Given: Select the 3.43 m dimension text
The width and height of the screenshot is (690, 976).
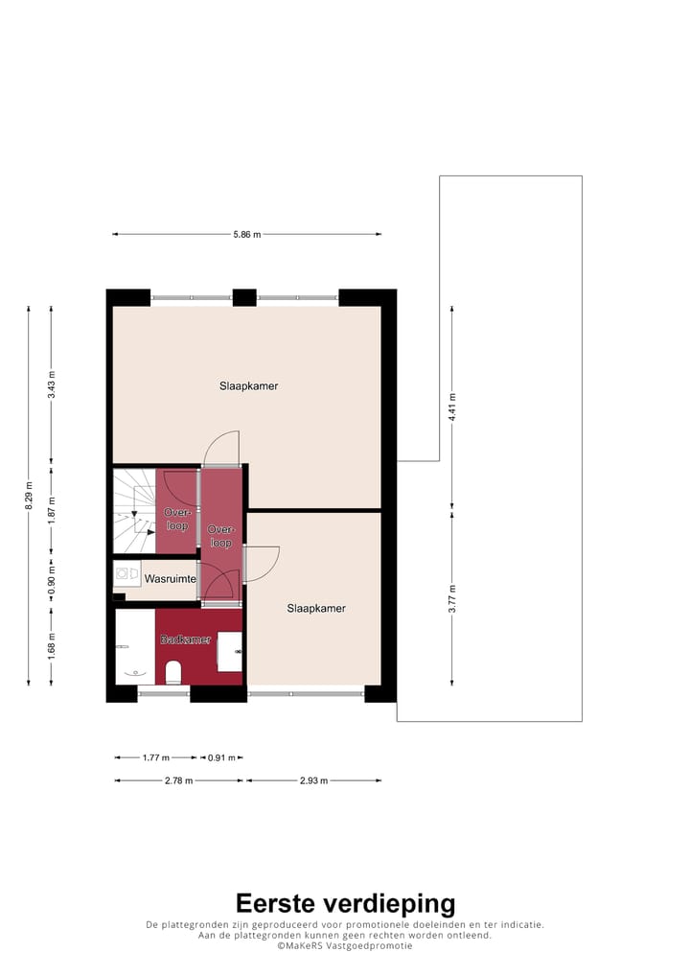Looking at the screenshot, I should click(x=52, y=384).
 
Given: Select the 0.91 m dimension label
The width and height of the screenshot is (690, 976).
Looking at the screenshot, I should click(x=222, y=758).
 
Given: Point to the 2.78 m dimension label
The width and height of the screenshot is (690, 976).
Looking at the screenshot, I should click(x=178, y=781).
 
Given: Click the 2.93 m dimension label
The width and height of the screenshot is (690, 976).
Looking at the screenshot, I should click(x=313, y=781).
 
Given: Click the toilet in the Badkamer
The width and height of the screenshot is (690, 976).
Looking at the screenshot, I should click(x=173, y=671).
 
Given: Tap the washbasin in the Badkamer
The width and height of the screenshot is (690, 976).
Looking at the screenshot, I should click(x=230, y=651).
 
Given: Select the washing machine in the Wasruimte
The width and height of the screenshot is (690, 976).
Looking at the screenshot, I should click(x=126, y=574).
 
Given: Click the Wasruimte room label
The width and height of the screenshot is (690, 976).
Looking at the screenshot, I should click(x=171, y=579).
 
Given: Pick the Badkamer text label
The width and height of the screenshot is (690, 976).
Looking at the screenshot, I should click(x=185, y=639).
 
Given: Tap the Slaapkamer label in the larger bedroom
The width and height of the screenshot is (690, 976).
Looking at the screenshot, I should click(x=248, y=386).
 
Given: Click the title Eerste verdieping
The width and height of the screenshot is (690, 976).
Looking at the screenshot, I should click(x=345, y=903).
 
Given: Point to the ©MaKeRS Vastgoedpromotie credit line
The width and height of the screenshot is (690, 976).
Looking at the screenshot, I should click(x=345, y=945).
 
